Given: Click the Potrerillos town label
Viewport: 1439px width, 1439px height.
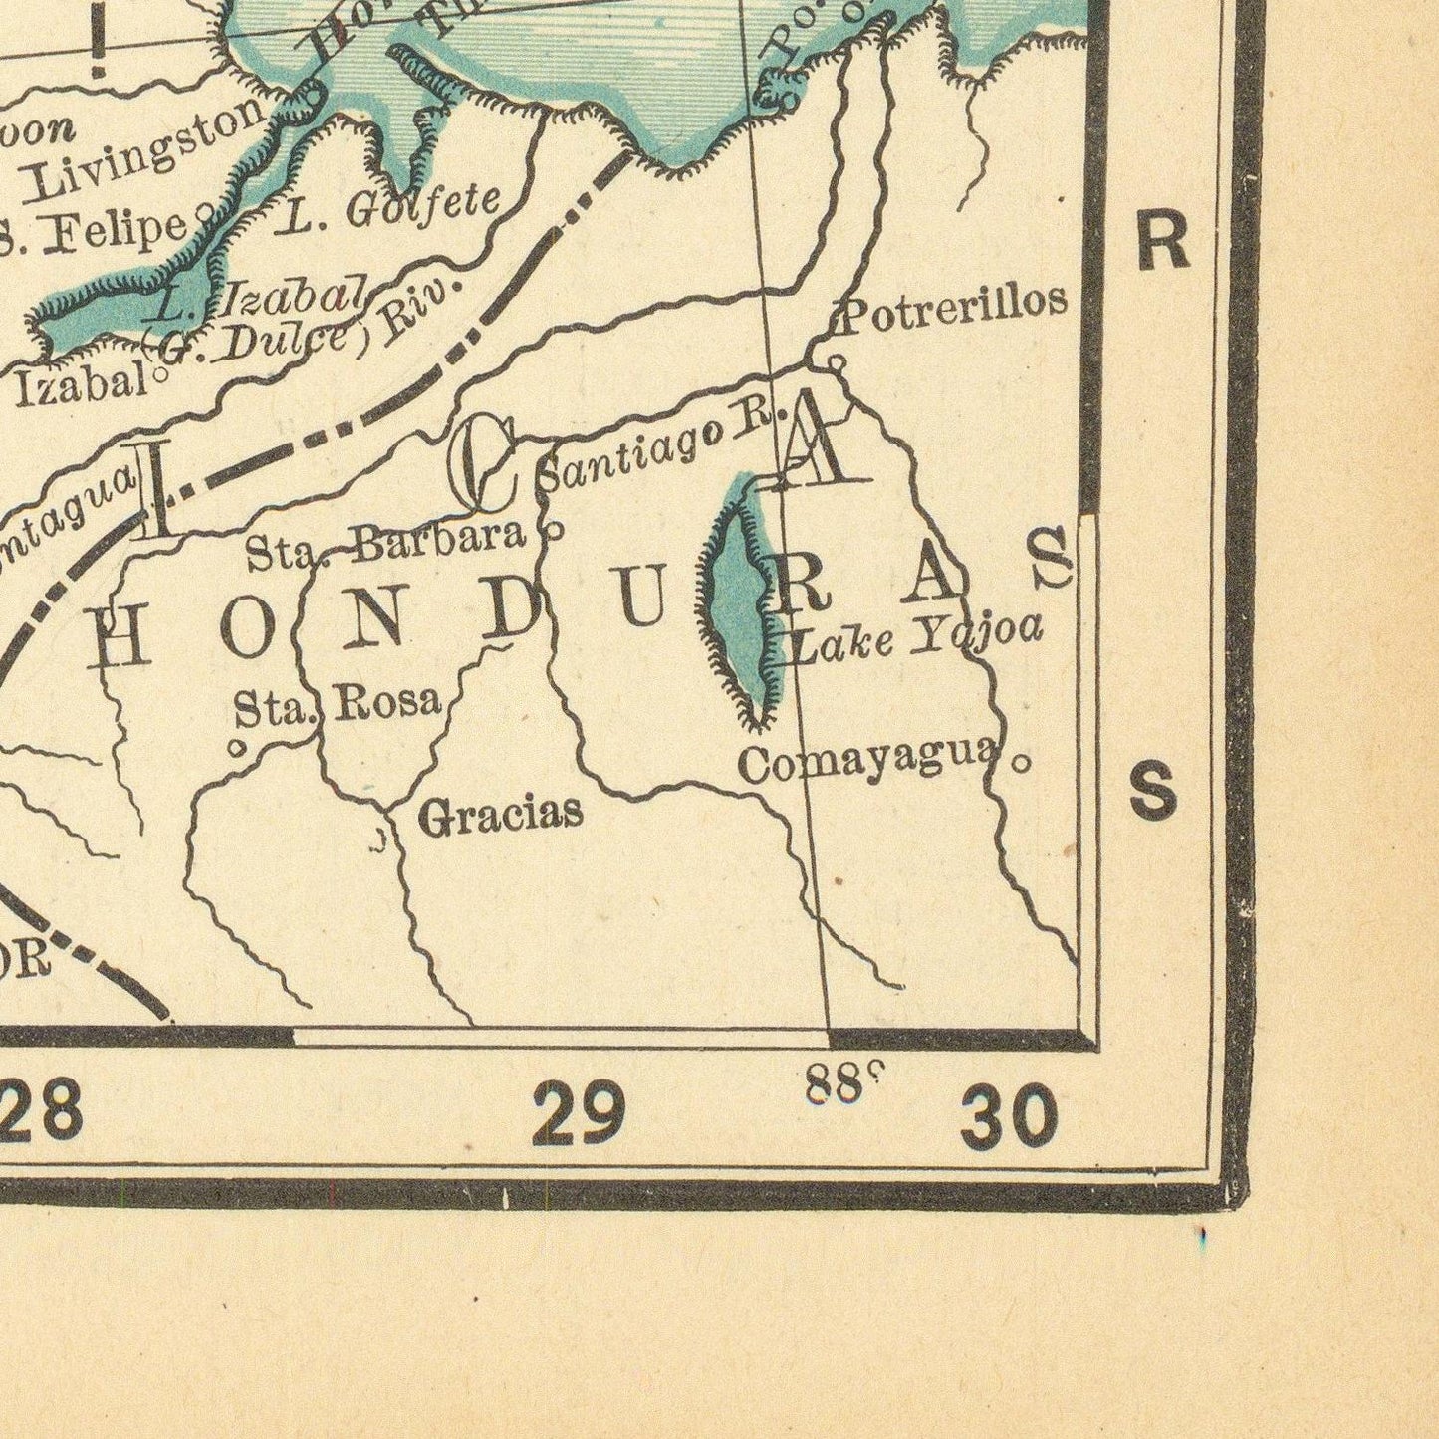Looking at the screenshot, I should click(x=954, y=303).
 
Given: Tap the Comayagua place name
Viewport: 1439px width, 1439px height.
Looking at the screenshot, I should click(x=866, y=761).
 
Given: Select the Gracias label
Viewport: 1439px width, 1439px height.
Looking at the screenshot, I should click(x=500, y=816).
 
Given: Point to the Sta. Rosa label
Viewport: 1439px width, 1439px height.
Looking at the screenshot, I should click(x=337, y=705).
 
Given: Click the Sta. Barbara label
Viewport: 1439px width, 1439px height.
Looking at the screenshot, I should click(x=385, y=542).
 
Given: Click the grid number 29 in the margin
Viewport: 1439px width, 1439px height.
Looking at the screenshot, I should click(x=579, y=1112).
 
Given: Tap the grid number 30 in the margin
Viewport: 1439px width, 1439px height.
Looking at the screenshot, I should click(x=1008, y=1117).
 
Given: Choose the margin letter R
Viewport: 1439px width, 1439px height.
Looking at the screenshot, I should click(x=1162, y=242).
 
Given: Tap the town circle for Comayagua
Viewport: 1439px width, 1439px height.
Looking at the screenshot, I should click(x=1020, y=764).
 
